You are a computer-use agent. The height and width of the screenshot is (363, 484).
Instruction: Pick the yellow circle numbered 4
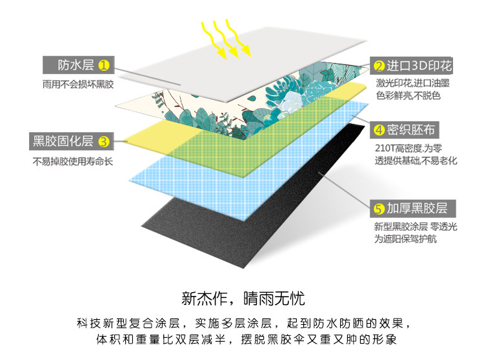coord(379,130)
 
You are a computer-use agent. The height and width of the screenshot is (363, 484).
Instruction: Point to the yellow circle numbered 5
coord(379,208)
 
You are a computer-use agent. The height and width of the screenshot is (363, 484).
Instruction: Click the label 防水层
coord(76,65)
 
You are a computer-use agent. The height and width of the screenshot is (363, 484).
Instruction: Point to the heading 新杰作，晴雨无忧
coord(242,299)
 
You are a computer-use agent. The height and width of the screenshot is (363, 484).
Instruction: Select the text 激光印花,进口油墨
coord(413,84)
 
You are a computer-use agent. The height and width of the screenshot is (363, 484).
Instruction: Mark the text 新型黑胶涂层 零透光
coord(416,226)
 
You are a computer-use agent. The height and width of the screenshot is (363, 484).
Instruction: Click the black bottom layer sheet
coord(258,213)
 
